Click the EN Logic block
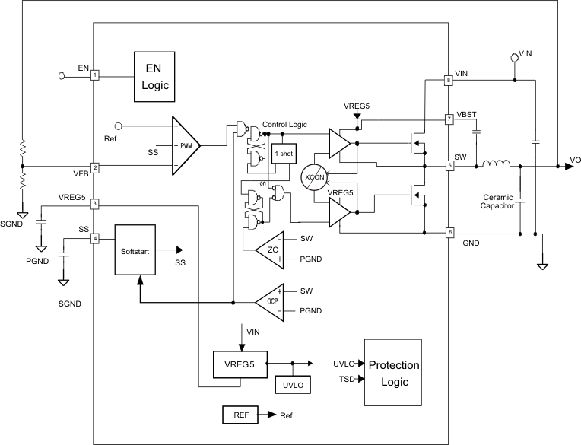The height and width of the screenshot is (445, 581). click(x=154, y=76)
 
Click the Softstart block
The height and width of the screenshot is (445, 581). click(x=135, y=250)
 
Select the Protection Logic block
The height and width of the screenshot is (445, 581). click(x=393, y=372)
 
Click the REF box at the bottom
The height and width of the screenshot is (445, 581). click(x=241, y=415)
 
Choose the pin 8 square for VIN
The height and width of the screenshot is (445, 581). click(x=449, y=80)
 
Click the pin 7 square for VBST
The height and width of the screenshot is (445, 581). click(x=449, y=119)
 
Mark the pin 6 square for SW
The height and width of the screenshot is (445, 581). click(x=449, y=165)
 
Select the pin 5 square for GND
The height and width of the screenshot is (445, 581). click(x=449, y=232)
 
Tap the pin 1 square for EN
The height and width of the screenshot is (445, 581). click(x=94, y=75)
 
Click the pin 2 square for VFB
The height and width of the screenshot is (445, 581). click(x=94, y=167)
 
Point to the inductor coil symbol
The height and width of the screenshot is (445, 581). click(x=496, y=163)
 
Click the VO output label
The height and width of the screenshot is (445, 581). click(x=575, y=161)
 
